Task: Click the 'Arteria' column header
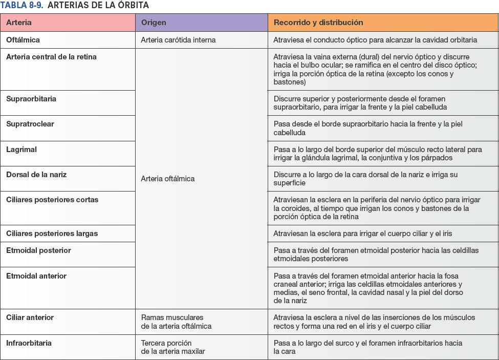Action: tap(19, 23)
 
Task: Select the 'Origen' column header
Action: tap(154, 23)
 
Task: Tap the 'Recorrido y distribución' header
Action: tap(318, 23)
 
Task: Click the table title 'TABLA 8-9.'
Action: tap(21, 5)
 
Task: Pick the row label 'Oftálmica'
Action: tap(23, 39)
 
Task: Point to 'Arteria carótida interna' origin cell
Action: tap(178, 39)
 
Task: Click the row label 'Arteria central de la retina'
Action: tap(51, 57)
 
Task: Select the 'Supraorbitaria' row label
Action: tap(31, 99)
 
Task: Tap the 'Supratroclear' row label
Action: tap(30, 124)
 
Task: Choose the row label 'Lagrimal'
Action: tap(21, 150)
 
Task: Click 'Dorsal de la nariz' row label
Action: tap(36, 175)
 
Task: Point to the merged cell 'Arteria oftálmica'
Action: tap(168, 179)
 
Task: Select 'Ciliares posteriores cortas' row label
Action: tap(52, 200)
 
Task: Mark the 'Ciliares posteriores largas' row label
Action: tap(52, 234)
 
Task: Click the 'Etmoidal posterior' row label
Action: tap(38, 250)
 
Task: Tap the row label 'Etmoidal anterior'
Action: tap(36, 276)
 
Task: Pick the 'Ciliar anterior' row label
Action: tap(30, 317)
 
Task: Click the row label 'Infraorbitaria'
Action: tap(29, 343)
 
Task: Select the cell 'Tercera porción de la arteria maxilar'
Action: tap(172, 347)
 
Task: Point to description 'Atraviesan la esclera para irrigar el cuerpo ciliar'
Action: tap(363, 234)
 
